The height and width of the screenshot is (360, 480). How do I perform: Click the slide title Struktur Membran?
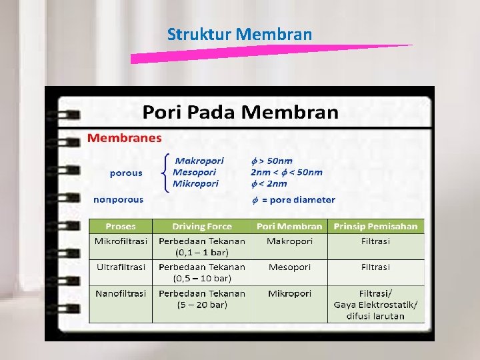coord(239,34)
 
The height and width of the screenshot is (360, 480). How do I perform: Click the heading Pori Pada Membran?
coord(241,112)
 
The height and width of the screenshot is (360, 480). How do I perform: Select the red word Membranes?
coord(125,139)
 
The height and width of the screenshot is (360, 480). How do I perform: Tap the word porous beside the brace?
coord(126,173)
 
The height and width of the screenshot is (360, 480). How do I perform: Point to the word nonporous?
coord(118,199)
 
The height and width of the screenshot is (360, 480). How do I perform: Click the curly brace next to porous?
coord(165,173)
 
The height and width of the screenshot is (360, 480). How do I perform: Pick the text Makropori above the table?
coord(199,161)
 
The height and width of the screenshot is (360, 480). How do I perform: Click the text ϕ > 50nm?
coord(271,161)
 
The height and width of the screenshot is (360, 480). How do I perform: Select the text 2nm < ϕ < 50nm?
coord(286,172)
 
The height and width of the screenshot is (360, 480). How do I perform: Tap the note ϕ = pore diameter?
coord(293,200)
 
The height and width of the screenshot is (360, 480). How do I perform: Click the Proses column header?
coord(120,227)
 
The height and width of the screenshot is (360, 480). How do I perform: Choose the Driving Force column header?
coord(202,227)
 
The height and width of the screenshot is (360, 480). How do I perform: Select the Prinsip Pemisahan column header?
coord(375,227)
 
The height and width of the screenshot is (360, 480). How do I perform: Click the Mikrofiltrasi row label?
coord(121,241)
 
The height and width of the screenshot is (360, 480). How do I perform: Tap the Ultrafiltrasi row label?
coord(120,267)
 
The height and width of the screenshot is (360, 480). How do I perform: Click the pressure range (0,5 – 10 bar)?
coord(202,278)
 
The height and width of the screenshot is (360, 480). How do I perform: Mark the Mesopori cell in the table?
coord(289,267)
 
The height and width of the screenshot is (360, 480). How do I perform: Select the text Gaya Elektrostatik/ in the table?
coord(375,305)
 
